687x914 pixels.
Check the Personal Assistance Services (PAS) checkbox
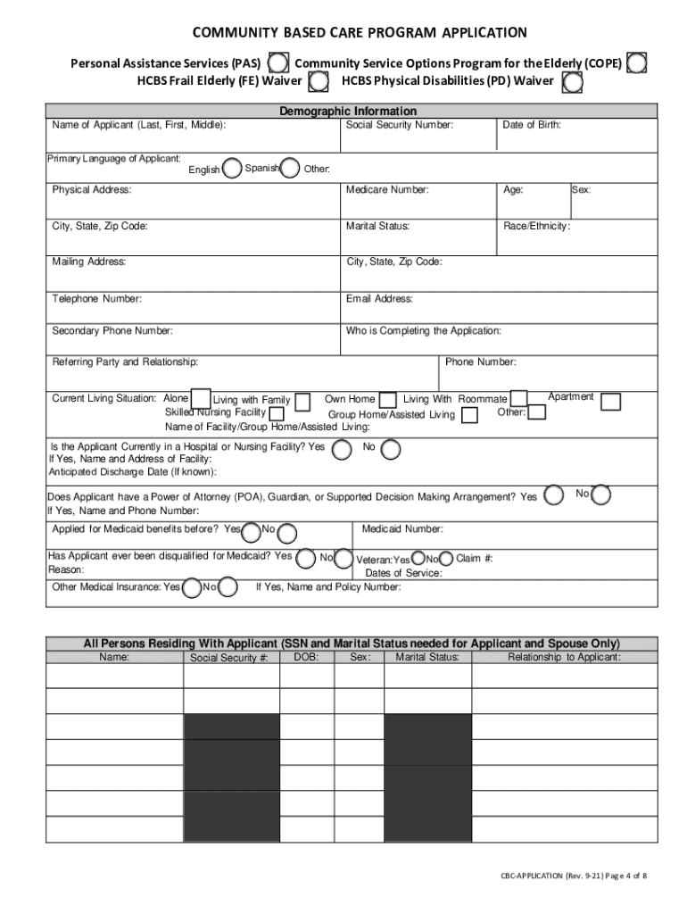tap(278, 63)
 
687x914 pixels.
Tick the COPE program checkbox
tap(637, 63)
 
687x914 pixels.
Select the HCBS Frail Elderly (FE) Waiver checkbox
tap(317, 83)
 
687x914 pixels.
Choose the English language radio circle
tap(232, 168)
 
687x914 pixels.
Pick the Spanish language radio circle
tap(290, 168)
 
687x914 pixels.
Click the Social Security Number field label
tap(400, 125)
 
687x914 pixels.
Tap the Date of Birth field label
tap(532, 125)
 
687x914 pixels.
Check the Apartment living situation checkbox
tap(611, 402)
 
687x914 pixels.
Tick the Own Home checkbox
tap(388, 400)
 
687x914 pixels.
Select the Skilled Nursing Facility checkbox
tap(277, 413)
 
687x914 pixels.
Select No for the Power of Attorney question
tap(601, 494)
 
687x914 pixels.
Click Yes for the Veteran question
tap(419, 559)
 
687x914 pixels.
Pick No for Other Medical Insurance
tap(228, 586)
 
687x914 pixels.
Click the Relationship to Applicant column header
tap(564, 657)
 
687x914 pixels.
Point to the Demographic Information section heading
tap(348, 112)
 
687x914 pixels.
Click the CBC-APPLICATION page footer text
tap(573, 876)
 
